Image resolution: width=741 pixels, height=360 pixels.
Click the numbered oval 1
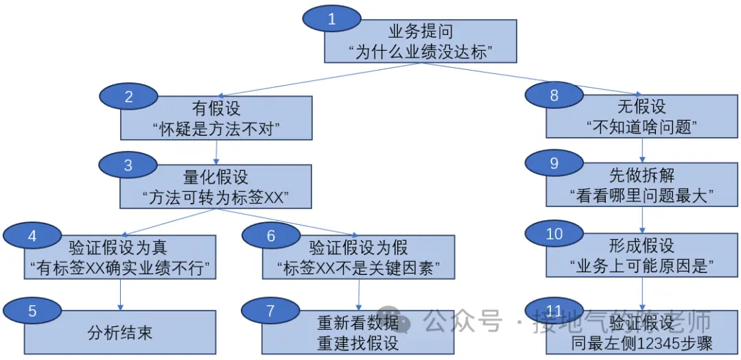pos(332,19)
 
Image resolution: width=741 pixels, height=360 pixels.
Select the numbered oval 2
pos(129,97)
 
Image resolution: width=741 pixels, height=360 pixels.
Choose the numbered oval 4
pos(32,235)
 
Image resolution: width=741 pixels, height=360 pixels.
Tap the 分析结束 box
pos(120,333)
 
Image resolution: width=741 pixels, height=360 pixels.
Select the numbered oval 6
pos(271,236)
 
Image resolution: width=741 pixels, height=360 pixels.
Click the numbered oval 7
pos(270,311)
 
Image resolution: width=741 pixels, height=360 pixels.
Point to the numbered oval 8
pos(554,96)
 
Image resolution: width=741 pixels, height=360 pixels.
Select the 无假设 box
pos(642,118)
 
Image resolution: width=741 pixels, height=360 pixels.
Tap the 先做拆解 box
pos(642,186)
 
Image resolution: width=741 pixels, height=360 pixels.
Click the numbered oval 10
pos(554,234)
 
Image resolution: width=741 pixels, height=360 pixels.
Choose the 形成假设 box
pos(642,257)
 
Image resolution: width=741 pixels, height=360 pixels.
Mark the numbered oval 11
pos(554,310)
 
